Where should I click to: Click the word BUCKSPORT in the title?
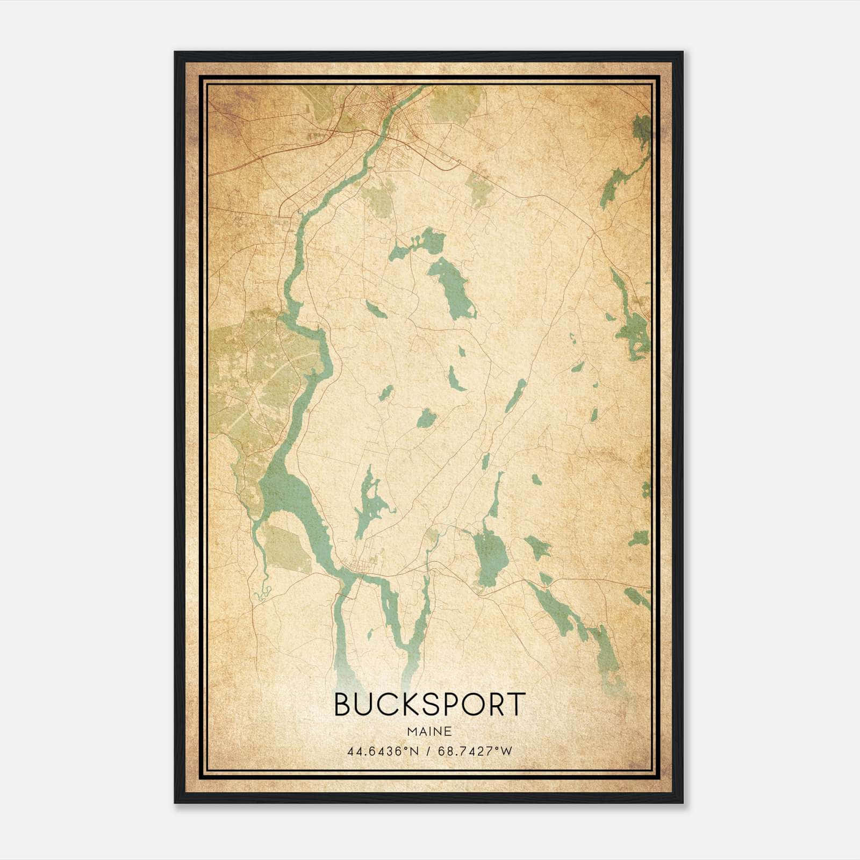pyautogui.click(x=429, y=704)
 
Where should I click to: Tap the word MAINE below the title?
pyautogui.click(x=429, y=732)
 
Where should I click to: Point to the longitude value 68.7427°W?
pyautogui.click(x=475, y=751)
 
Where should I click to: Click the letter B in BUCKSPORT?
pyautogui.click(x=343, y=704)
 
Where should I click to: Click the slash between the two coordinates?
pyautogui.click(x=428, y=751)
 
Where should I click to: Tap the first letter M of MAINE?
pyautogui.click(x=412, y=732)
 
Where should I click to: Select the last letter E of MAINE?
pyautogui.click(x=448, y=732)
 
